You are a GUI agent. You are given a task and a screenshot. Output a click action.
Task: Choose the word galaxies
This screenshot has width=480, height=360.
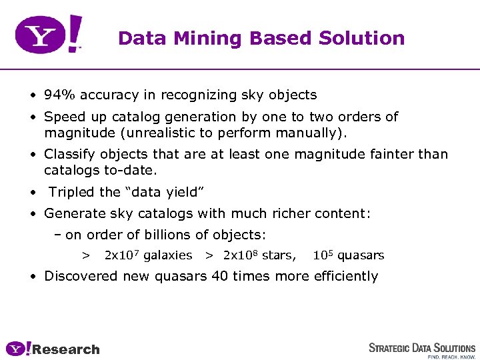point(168,256)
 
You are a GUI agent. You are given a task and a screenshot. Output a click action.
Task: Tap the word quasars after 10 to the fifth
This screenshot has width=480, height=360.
point(361,256)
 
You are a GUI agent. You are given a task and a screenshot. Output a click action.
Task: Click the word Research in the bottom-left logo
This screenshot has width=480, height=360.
point(66,350)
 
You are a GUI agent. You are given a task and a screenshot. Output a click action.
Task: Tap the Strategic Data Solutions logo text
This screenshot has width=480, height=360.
point(422,349)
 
